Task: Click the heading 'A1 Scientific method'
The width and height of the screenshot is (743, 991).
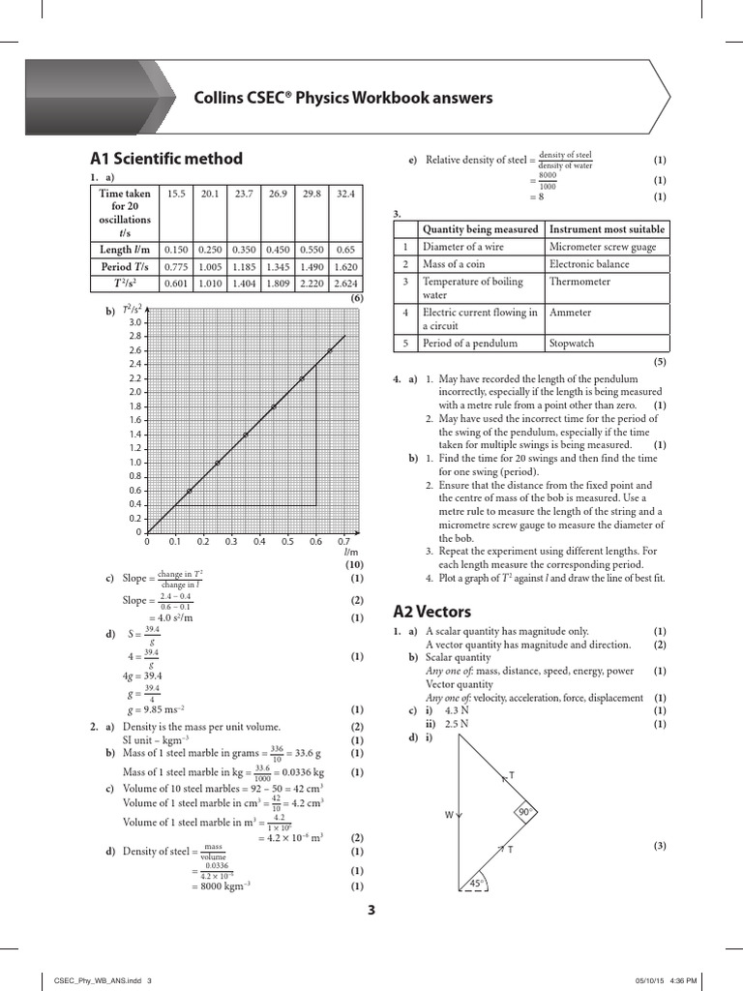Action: coord(165,159)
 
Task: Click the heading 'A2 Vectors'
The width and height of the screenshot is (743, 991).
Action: coord(432,611)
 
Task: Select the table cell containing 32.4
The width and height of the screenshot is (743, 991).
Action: coord(344,194)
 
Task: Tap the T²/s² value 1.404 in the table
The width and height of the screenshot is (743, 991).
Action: coord(245,283)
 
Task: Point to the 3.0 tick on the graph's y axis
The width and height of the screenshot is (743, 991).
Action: coord(134,321)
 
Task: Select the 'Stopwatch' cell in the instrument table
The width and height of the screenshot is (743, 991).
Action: coord(572,344)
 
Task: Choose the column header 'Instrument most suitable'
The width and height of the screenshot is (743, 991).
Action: coord(607,229)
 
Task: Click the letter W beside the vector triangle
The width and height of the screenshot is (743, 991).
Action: coord(449,815)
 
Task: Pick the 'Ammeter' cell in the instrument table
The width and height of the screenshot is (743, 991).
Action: coord(570,313)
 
